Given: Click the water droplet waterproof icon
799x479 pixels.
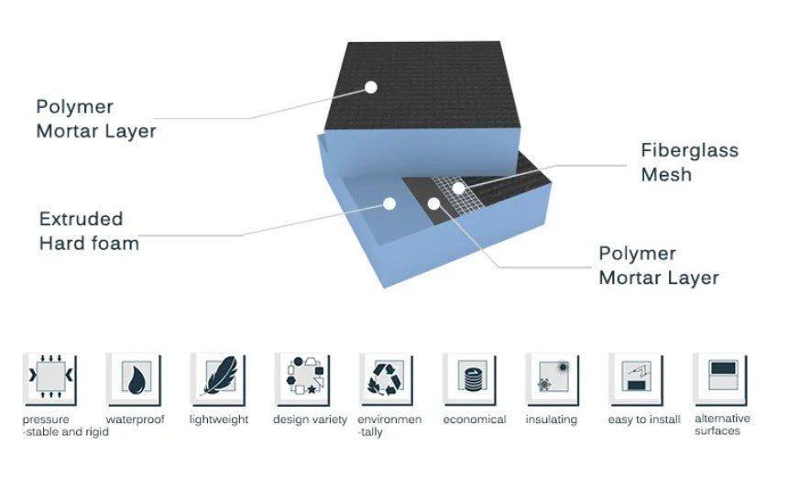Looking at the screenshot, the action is coord(135,380).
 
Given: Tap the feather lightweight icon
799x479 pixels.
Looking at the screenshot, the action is coord(219,380).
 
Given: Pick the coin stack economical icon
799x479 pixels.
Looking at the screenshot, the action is coord(470,380).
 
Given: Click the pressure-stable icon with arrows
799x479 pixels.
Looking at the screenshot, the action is coord(50,380).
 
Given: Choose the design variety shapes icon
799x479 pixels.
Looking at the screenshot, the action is coord(302,380).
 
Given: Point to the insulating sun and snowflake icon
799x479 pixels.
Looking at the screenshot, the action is coord(553,380).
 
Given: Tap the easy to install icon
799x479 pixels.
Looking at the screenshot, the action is coord(637,380).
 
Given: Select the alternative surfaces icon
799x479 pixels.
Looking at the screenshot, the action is coord(721,380).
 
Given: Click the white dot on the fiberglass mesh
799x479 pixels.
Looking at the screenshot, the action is coord(459,189).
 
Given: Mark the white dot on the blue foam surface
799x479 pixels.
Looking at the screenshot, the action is coord(389,204).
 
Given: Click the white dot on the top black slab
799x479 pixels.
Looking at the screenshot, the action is coord(371,87).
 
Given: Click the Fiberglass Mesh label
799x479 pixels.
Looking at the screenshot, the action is coord(689,162).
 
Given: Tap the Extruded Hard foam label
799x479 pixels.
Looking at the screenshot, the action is coord(89,231).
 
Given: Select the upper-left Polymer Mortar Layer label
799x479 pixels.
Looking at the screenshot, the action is coord(96,119).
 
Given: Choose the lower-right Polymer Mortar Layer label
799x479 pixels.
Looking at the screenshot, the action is coord(659,266).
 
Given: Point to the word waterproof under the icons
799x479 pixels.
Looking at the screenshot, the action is coord(135,419).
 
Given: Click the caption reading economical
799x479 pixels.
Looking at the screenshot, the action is coord(475,419).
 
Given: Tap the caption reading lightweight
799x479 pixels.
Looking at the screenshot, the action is coord(219,419).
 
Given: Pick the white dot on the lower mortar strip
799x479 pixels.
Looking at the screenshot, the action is coord(433,204).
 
